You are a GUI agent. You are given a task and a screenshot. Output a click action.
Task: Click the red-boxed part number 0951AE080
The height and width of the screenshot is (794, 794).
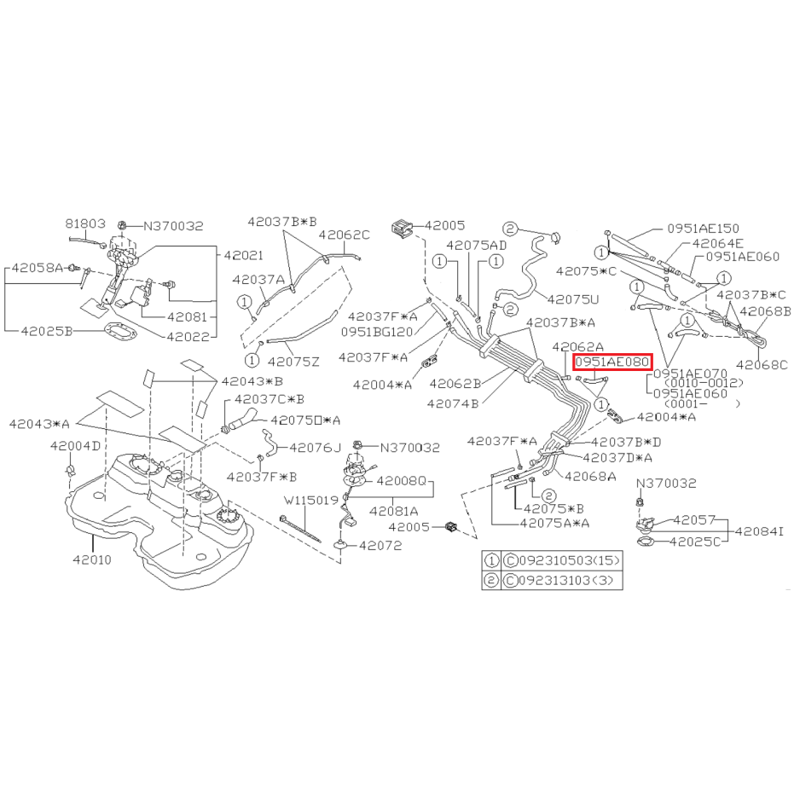611,362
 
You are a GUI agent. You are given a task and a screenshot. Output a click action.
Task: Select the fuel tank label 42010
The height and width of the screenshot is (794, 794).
91,559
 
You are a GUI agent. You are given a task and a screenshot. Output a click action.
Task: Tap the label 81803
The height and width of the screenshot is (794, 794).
85,223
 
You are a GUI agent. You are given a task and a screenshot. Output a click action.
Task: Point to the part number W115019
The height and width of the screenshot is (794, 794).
311,501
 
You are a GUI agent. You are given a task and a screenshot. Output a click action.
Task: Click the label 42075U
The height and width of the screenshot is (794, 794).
573,299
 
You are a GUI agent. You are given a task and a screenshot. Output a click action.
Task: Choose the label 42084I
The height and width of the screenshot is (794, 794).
759,531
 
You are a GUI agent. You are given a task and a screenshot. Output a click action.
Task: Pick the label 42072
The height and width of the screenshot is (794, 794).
380,545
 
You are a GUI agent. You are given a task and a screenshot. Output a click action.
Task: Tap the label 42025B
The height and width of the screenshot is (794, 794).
47,331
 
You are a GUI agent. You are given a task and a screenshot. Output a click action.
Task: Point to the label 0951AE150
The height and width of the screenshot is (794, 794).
703,229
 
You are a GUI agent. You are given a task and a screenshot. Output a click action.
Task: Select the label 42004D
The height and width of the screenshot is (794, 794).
75,446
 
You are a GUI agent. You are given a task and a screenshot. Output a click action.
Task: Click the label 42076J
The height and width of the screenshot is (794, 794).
315,448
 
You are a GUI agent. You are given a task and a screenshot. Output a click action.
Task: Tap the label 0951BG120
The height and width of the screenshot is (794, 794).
377,332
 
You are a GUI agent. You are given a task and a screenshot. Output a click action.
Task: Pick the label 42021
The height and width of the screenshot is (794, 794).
244,255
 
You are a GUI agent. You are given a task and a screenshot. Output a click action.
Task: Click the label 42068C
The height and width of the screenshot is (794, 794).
762,365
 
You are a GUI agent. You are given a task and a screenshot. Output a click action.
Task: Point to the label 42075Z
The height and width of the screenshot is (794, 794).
293,362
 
